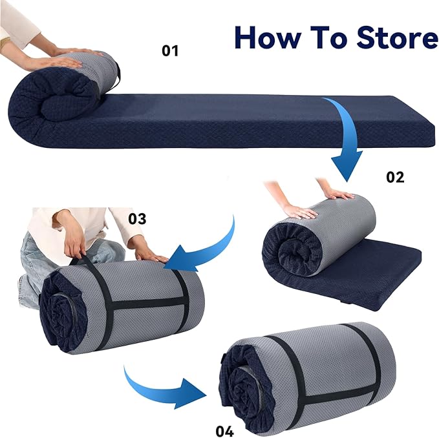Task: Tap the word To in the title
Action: click(328, 38)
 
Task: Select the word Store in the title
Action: click(397, 38)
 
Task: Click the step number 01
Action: click(170, 50)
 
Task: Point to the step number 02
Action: click(395, 177)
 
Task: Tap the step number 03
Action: click(137, 218)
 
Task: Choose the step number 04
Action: click(224, 431)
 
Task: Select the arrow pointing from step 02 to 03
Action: click(213, 249)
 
